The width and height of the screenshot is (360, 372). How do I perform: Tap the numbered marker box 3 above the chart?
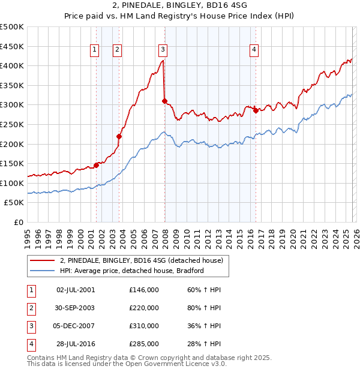tap(163, 50)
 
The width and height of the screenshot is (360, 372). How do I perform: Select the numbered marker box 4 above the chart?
tap(254, 50)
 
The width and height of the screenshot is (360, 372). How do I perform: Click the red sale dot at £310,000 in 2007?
tap(164, 101)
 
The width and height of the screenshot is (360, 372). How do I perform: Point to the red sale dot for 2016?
tap(256, 110)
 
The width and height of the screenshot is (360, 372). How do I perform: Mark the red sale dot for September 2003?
tap(119, 136)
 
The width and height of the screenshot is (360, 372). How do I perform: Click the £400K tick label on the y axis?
tap(12, 65)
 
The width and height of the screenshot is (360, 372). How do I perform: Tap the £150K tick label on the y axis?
tap(12, 163)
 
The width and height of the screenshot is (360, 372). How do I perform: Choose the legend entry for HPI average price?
tap(132, 271)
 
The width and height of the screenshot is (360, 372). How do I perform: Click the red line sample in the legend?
tap(43, 260)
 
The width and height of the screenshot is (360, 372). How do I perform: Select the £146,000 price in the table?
tap(143, 290)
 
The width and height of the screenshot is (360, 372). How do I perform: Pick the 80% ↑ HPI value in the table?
tap(203, 308)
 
